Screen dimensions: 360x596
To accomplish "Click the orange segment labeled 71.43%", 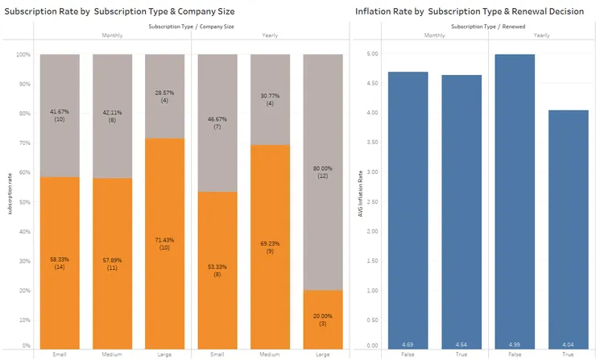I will (x=164, y=242).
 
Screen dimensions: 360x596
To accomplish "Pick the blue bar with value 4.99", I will (x=515, y=201).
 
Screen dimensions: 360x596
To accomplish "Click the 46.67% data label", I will (x=217, y=122).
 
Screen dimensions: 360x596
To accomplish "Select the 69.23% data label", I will (x=269, y=246).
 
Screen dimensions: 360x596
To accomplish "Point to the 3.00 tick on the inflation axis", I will (x=372, y=172).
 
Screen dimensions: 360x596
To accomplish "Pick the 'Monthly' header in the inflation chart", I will (x=436, y=35).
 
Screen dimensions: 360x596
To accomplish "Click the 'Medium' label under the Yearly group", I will (x=269, y=354).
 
